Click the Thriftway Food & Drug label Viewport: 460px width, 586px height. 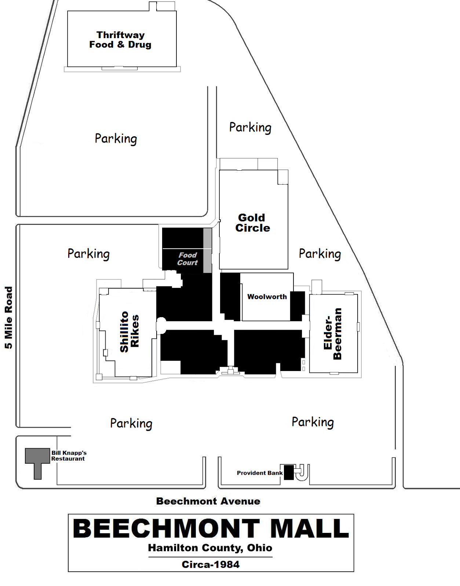(x=120, y=40)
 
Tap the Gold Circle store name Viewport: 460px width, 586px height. (x=252, y=223)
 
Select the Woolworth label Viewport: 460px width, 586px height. (x=267, y=297)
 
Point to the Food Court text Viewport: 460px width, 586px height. (x=187, y=259)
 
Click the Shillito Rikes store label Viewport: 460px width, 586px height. (x=129, y=332)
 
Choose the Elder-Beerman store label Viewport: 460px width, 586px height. (x=333, y=334)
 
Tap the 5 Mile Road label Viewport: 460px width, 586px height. (x=8, y=318)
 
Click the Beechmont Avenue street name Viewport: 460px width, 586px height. (x=208, y=501)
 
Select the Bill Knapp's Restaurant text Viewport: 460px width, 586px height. (x=69, y=456)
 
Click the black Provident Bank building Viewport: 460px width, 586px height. (x=289, y=472)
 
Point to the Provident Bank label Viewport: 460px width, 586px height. (x=259, y=473)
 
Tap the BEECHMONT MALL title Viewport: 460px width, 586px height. (x=211, y=528)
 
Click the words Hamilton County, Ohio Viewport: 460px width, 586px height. (x=210, y=548)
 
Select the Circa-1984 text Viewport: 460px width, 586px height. (x=211, y=564)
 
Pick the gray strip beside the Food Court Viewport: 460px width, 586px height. (x=207, y=250)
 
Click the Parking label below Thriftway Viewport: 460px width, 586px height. (x=116, y=139)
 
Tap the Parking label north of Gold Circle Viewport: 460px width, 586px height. (x=250, y=128)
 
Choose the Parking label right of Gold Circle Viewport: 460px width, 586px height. (x=320, y=254)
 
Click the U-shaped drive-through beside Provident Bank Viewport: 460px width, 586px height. (x=302, y=473)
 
